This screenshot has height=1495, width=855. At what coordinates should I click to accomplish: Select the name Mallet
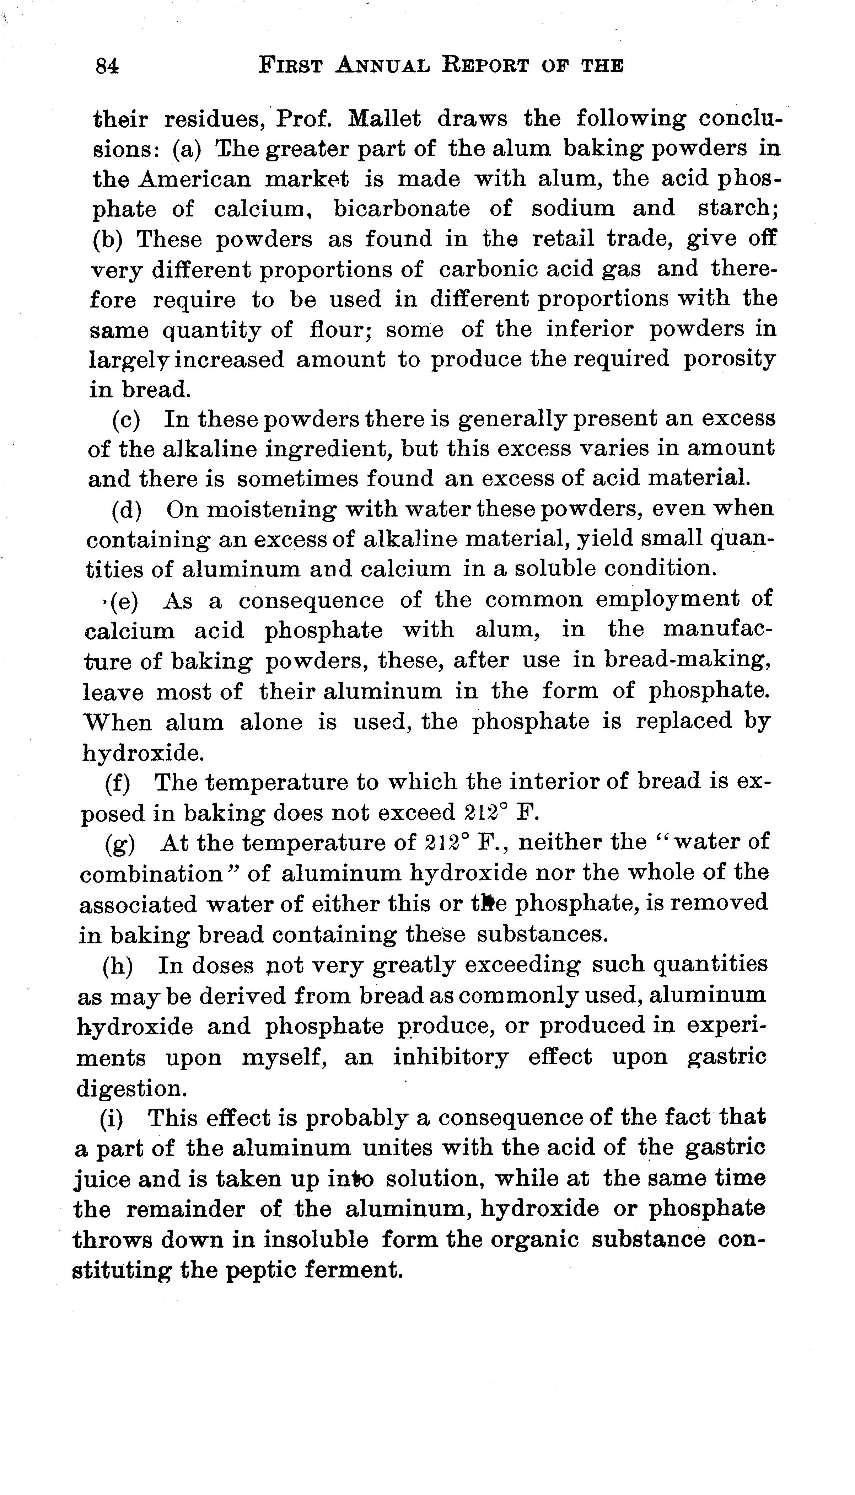coord(385,119)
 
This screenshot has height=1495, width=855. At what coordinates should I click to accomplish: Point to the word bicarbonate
coord(402,208)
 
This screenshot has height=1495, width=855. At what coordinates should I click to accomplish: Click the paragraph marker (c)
coord(126,419)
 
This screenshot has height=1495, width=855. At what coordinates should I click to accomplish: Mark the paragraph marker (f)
coord(117,782)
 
